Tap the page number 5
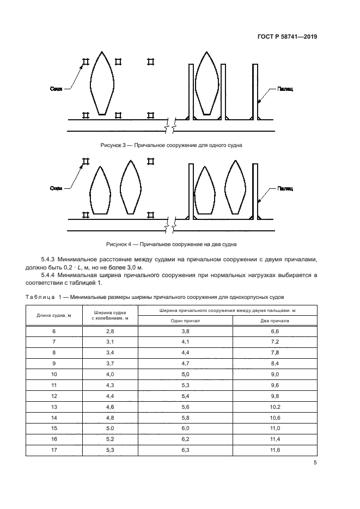tap(315, 463)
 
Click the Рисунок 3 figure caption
tap(171, 145)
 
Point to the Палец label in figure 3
tap(284, 89)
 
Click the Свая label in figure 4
tap(56, 188)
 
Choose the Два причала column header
tap(274, 321)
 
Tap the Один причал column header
tap(186, 321)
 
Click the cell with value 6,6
tap(274, 331)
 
